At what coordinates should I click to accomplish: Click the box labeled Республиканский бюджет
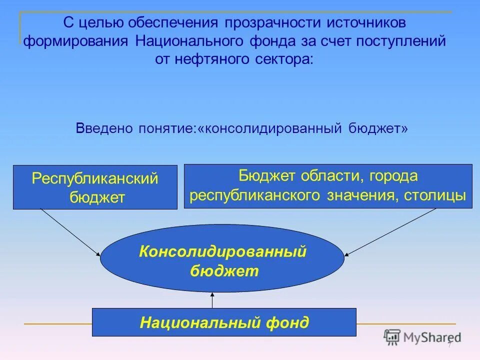click(x=95, y=187)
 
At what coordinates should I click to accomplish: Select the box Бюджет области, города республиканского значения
click(x=328, y=186)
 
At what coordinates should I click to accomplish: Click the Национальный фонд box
click(x=224, y=322)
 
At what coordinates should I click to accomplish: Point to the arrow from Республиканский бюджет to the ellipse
click(x=70, y=231)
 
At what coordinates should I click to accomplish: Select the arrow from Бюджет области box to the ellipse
click(x=390, y=231)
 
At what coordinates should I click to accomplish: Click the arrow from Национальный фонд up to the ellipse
click(x=212, y=300)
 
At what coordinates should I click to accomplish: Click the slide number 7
click(x=449, y=345)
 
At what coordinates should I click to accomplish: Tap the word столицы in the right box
click(x=442, y=195)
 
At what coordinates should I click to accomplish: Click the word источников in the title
click(x=366, y=23)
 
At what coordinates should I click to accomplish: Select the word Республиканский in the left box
click(x=95, y=178)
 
